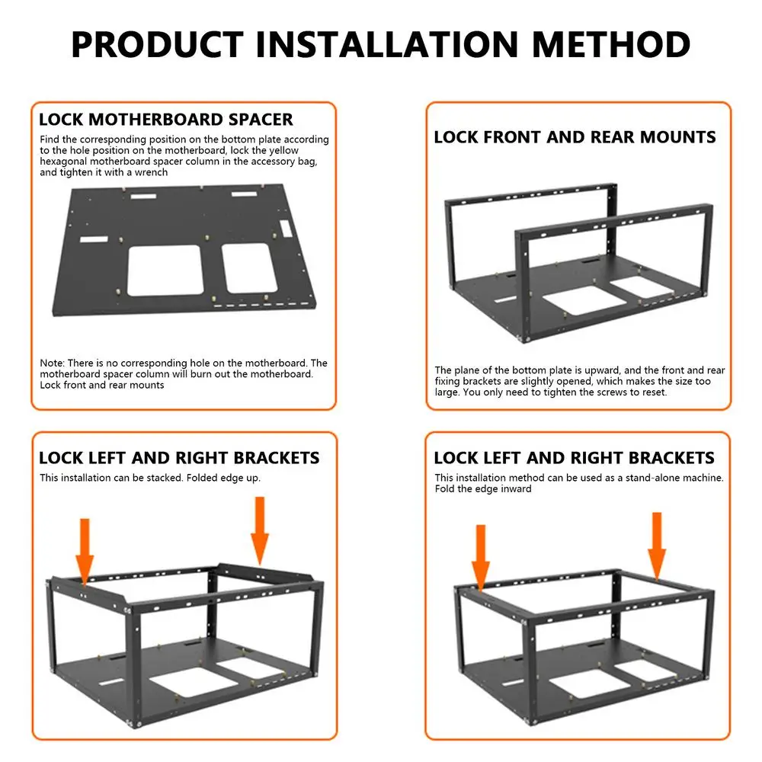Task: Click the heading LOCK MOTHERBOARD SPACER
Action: point(165,120)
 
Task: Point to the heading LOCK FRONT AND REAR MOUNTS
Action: point(575,137)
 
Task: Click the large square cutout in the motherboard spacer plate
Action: point(164,271)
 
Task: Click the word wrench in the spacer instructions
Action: point(153,172)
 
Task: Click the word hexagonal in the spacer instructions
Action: point(65,162)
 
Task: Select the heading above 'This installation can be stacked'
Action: point(179,458)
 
